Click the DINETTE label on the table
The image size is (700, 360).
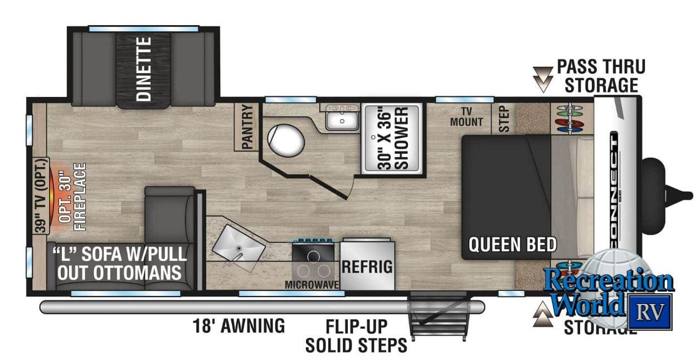tap(144, 69)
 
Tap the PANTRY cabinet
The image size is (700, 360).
tap(247, 127)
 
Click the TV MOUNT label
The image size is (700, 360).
tap(466, 115)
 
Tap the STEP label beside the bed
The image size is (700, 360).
tap(504, 119)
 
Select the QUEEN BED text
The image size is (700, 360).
tap(512, 244)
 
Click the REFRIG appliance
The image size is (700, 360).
tap(367, 265)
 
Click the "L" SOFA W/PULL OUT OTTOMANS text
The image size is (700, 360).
tap(120, 264)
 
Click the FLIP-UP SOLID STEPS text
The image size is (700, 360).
tap(356, 336)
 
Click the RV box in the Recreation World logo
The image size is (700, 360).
tap(650, 312)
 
